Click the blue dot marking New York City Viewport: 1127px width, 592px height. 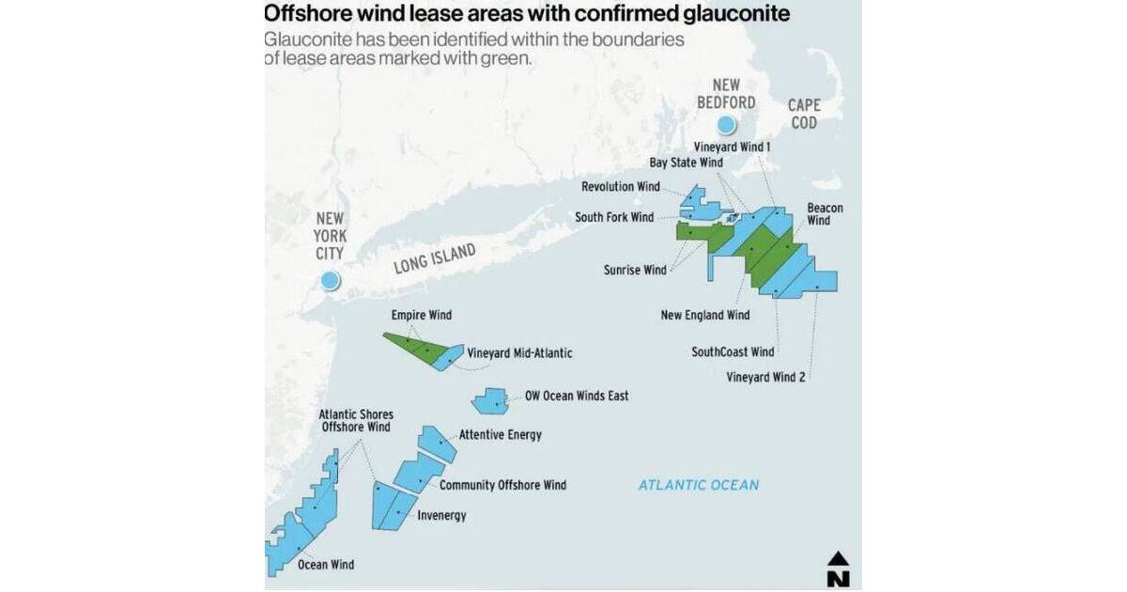coord(329,280)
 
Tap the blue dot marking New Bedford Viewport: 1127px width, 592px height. coord(725,125)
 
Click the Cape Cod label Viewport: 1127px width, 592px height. coord(803,114)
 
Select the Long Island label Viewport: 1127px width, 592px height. coord(436,258)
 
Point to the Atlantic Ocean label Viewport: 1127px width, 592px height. coord(698,485)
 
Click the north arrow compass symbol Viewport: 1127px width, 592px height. coord(838,569)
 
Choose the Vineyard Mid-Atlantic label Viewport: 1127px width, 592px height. coord(519,353)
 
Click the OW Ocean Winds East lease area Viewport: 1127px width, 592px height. coord(488,401)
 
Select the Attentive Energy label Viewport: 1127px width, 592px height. coord(500,435)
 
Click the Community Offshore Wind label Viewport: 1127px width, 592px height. coord(502,485)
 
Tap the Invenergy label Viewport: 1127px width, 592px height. coord(440,516)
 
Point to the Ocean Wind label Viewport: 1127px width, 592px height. coord(325,565)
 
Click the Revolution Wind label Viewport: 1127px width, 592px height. coord(620,187)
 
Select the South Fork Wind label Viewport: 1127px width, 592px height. coord(614,217)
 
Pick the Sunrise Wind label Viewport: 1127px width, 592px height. coord(635,271)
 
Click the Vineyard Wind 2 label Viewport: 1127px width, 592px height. coord(768,377)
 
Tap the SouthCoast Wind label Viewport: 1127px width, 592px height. coord(733,352)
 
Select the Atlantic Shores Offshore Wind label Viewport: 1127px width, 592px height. coord(355,420)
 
